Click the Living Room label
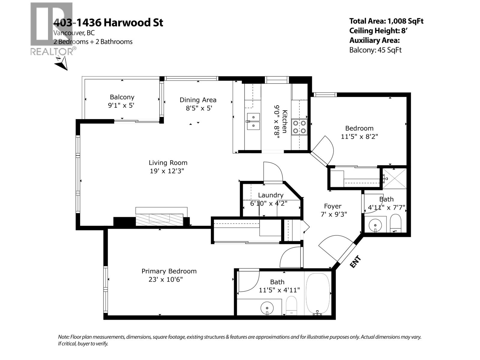coord(168,163)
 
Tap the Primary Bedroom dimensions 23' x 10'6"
coord(166,280)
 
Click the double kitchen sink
coord(253,121)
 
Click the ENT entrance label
coord(355,262)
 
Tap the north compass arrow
coord(61,63)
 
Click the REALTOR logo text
coord(52,52)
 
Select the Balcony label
coord(122,97)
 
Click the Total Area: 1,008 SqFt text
coord(386,21)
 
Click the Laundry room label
coord(271,195)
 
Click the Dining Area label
coord(198,100)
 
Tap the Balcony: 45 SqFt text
coord(375,50)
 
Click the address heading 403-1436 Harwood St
coord(108,22)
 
